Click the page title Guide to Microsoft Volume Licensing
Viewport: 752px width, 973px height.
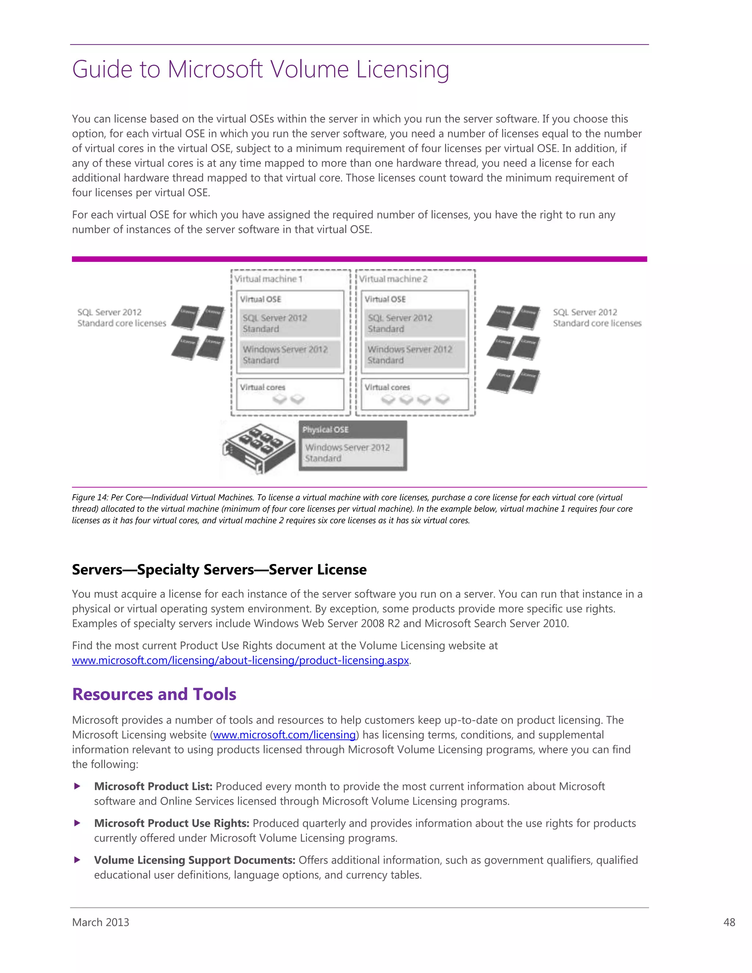(261, 69)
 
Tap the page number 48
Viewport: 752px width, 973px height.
(729, 922)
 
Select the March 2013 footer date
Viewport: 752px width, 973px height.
(101, 922)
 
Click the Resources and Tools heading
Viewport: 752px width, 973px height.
(154, 694)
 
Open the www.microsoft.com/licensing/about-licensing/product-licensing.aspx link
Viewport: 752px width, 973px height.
(241, 661)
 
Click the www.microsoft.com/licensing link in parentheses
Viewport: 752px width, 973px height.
(284, 735)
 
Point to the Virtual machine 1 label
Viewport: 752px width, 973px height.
(268, 279)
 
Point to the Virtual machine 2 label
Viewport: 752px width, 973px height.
(393, 279)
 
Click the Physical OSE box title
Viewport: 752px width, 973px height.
(325, 430)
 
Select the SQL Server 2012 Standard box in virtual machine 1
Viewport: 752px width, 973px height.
(290, 323)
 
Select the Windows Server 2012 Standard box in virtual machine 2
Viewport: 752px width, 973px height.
(414, 355)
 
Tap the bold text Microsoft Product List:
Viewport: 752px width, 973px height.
(153, 786)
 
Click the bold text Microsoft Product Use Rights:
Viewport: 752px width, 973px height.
(171, 823)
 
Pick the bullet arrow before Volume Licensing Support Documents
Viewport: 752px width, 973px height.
(77, 860)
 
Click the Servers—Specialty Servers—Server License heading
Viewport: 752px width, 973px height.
(219, 570)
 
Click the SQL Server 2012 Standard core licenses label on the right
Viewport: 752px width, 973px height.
(597, 318)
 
